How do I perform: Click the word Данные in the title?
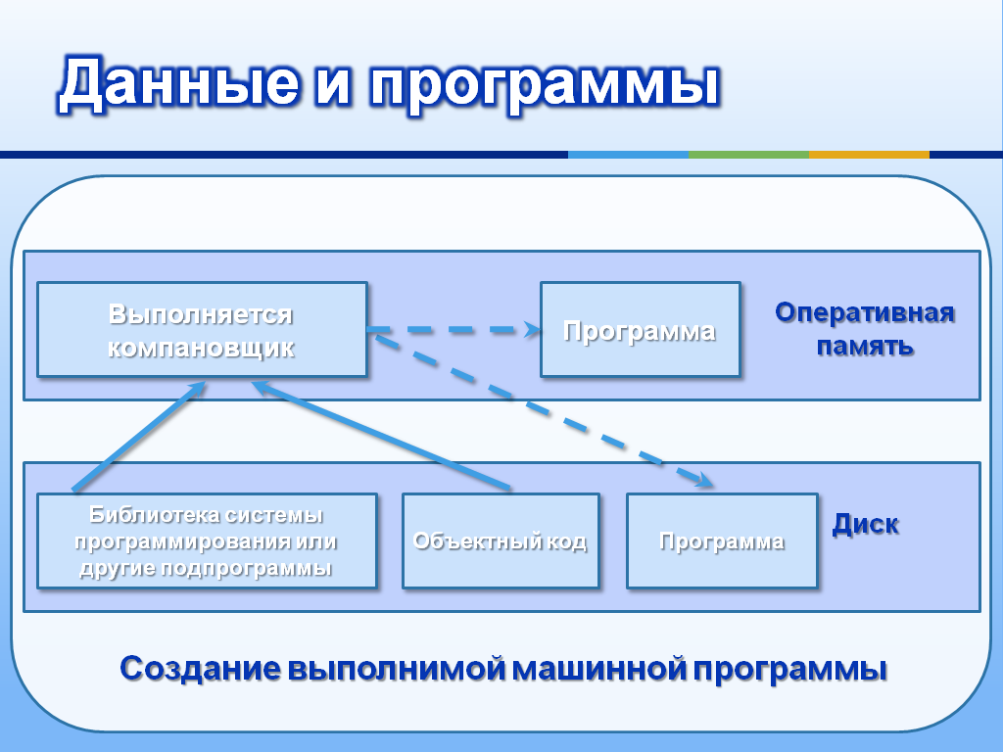click(x=179, y=84)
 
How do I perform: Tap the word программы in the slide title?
click(x=545, y=87)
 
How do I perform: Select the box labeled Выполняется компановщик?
click(x=202, y=329)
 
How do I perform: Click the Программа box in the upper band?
click(x=641, y=329)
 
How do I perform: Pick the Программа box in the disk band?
click(x=722, y=540)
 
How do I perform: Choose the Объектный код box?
click(x=501, y=540)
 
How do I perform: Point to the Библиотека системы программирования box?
click(x=208, y=540)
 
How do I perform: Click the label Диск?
click(x=866, y=525)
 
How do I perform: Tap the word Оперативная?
click(x=865, y=312)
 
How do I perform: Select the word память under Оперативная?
click(x=865, y=346)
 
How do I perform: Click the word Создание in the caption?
click(x=200, y=669)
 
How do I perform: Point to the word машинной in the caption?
click(x=600, y=669)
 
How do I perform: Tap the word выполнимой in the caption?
click(x=397, y=669)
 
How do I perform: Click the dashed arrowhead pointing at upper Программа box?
click(x=532, y=329)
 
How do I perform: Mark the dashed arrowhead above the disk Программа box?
click(x=703, y=480)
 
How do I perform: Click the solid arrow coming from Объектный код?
click(x=381, y=436)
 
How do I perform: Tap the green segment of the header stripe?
click(x=748, y=155)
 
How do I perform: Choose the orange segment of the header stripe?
click(x=869, y=155)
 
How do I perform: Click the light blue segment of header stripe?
click(x=628, y=155)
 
